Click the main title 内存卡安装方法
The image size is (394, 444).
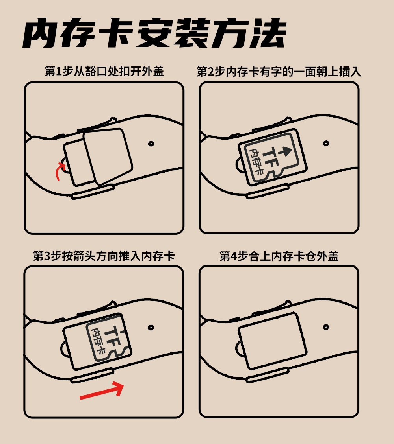pos(154,33)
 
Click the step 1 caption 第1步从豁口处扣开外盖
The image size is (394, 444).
pos(104,71)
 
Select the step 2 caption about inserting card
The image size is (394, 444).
pos(279,71)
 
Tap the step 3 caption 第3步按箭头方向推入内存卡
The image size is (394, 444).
pos(104,256)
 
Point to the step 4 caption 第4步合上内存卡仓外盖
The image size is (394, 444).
pos(279,256)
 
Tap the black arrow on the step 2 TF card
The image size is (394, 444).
pos(284,151)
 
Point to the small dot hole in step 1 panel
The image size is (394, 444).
pos(151,144)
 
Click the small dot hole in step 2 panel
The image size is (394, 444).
pos(326,143)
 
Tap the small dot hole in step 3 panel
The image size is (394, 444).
pos(151,328)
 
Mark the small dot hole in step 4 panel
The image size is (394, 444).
pos(326,327)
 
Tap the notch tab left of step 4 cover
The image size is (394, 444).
pos(240,348)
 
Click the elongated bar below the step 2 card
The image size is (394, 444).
pos(268,191)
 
